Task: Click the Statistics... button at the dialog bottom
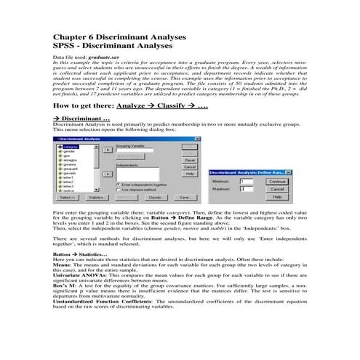tap(95, 197)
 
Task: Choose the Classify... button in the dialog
tap(155, 197)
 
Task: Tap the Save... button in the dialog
tap(185, 197)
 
